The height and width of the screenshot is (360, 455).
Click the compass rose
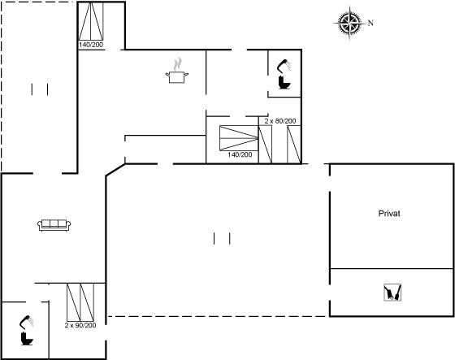tap(349, 23)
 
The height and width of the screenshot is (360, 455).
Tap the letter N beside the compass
tap(370, 23)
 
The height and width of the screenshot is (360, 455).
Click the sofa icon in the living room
tap(54, 225)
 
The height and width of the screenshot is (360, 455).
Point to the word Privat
tap(389, 214)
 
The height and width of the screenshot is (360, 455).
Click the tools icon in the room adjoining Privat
tap(392, 293)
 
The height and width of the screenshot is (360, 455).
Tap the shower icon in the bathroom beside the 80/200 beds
tap(284, 66)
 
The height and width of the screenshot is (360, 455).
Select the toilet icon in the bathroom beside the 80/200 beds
tap(284, 83)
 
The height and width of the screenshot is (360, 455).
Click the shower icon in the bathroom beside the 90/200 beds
tap(26, 322)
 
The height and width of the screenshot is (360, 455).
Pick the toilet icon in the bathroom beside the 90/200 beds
tap(27, 339)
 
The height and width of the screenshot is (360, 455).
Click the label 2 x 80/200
tap(280, 121)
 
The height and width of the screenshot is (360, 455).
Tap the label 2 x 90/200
tap(80, 325)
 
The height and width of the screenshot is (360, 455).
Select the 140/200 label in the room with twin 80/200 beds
tap(240, 154)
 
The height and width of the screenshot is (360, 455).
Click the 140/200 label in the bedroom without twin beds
tap(91, 45)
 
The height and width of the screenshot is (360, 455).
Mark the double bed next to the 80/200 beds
tap(239, 138)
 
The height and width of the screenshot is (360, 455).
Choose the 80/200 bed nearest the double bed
tap(265, 145)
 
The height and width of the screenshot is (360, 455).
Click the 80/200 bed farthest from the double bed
tap(293, 145)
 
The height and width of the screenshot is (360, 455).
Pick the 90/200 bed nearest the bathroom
tap(74, 302)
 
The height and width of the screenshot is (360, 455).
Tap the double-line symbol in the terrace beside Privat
tap(222, 238)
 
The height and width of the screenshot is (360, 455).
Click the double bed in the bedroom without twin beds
tap(91, 21)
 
